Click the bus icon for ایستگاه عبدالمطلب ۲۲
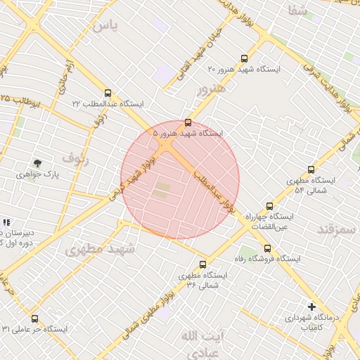click(108, 93)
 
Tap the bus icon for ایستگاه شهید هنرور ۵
click(187, 122)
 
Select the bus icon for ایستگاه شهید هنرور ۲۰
click(244, 59)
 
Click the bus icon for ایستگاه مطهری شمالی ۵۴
click(311, 169)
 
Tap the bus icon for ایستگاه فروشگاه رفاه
click(267, 248)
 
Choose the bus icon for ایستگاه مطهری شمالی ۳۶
click(203, 264)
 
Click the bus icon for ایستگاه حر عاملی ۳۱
click(34, 319)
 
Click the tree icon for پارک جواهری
click(37, 163)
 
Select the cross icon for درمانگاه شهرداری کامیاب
click(311, 307)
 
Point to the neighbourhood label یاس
click(105, 26)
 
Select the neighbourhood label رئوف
click(76, 157)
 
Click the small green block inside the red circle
click(162, 189)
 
